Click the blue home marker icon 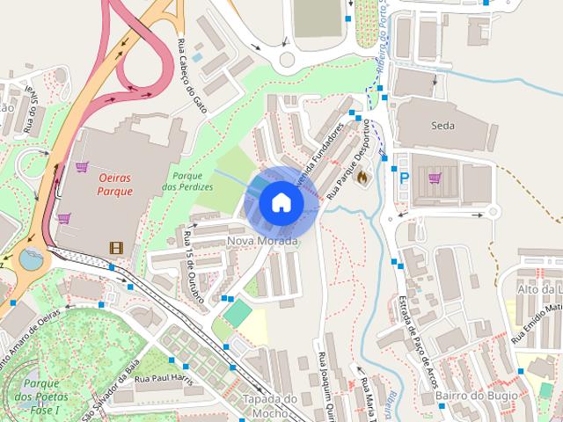pyautogui.click(x=281, y=202)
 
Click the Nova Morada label pyautogui.click(x=262, y=241)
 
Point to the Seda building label pyautogui.click(x=443, y=126)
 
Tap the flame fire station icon pyautogui.click(x=361, y=176)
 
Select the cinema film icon pyautogui.click(x=115, y=248)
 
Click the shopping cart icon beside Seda pyautogui.click(x=434, y=178)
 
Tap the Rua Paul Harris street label pyautogui.click(x=162, y=379)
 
